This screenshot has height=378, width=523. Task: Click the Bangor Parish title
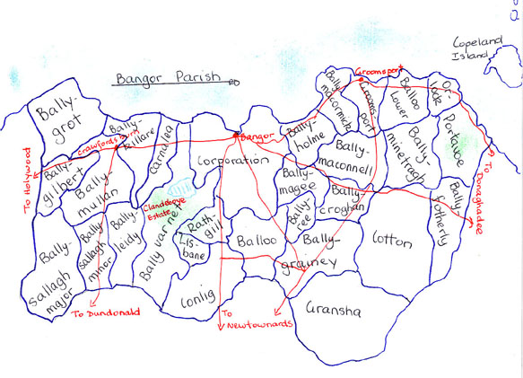166,78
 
